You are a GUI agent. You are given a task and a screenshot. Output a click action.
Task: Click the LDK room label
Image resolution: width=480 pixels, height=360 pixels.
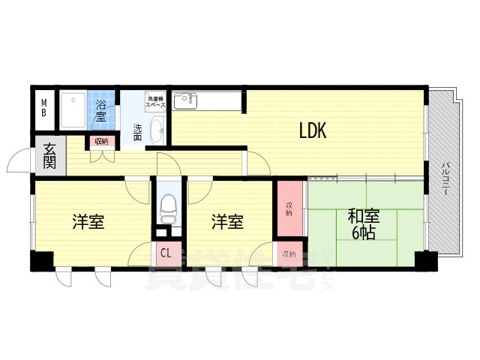click(312, 131)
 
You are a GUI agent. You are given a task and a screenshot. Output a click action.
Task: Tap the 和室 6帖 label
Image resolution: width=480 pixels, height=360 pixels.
click(363, 224)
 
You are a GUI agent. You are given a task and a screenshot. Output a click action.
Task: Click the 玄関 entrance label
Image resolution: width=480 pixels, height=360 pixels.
click(49, 155)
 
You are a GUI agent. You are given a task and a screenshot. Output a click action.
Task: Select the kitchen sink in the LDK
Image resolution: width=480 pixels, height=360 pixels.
click(184, 100)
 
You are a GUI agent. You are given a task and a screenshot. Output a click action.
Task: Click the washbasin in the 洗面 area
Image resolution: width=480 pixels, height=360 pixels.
click(157, 130)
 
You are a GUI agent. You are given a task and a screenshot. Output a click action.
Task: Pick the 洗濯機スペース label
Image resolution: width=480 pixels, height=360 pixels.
click(156, 102)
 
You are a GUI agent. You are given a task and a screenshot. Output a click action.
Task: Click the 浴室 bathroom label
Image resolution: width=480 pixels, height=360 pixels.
click(101, 110)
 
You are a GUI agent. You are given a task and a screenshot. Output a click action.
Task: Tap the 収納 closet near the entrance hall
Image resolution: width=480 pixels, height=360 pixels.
click(100, 141)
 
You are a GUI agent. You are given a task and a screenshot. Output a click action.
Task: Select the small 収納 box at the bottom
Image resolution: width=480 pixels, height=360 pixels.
click(289, 254)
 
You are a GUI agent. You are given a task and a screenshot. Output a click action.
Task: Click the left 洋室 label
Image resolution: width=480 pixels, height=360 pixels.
click(88, 222)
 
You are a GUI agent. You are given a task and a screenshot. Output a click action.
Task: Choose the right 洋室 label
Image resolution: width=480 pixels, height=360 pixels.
click(226, 222)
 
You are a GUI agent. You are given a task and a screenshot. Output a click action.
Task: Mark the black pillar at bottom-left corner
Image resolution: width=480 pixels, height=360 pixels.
click(42, 261)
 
